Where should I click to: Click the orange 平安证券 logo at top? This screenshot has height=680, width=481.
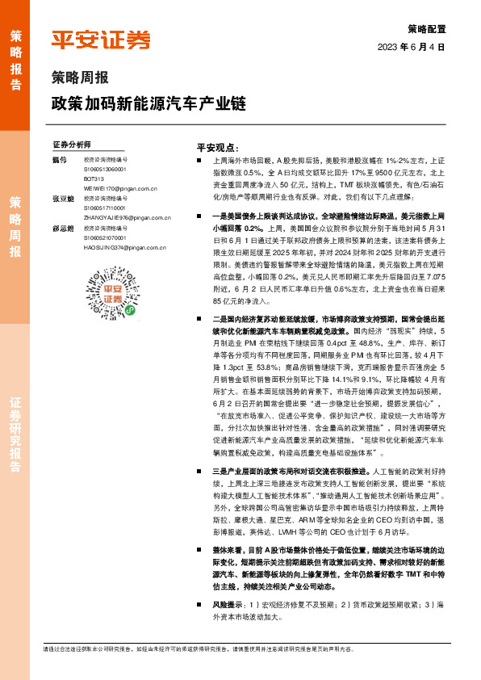(101, 40)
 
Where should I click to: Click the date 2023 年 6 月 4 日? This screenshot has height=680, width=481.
(412, 48)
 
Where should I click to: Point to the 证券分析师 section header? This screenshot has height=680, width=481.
(72, 144)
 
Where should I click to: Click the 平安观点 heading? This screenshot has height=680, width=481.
(218, 149)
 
